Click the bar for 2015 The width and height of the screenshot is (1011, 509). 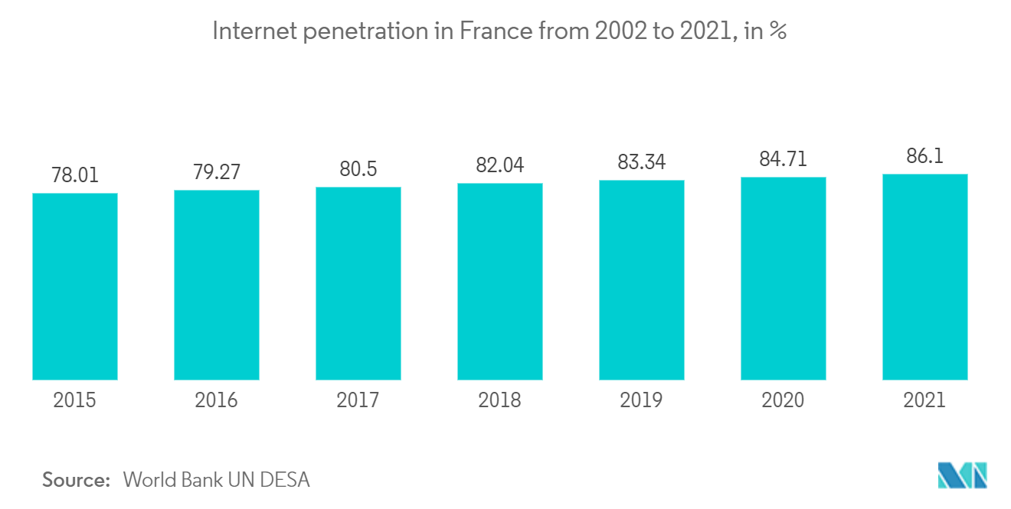(75, 286)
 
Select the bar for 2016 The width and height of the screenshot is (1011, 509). (217, 285)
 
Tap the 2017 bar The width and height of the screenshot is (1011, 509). (358, 283)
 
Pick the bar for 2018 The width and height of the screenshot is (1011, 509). (500, 282)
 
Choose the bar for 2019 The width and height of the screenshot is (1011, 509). (642, 280)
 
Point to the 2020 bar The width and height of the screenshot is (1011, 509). (784, 279)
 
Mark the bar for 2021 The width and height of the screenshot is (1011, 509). (925, 277)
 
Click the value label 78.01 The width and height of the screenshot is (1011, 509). (75, 175)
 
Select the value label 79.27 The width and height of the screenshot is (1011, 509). (217, 172)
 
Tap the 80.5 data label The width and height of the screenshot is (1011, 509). (358, 169)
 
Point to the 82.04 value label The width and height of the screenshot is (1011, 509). (500, 165)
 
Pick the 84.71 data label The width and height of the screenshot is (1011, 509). (784, 159)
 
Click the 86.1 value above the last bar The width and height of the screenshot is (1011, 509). (925, 156)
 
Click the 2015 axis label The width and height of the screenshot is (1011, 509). (75, 400)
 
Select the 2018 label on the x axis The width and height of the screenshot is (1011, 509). (500, 400)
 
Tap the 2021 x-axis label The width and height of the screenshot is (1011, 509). (925, 400)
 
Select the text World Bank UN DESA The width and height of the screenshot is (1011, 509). (217, 480)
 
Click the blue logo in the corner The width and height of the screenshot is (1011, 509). (963, 475)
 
